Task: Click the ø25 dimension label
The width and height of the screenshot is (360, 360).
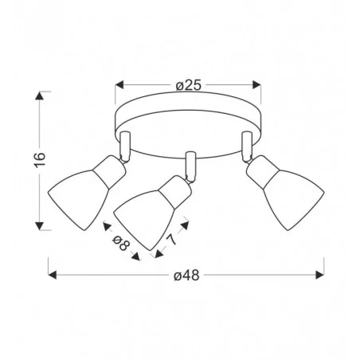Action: coord(189,85)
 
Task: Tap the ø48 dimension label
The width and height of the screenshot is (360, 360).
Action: coord(186,276)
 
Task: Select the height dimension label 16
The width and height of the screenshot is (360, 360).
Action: coord(40,159)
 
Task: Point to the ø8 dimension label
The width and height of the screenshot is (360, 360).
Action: coord(121,243)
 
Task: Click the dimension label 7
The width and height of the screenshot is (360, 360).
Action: coord(171,240)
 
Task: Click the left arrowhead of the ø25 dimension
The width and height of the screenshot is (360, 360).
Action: coord(119,85)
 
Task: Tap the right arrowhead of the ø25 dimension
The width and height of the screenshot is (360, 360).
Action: coord(256,85)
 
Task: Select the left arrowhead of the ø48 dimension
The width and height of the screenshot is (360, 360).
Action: coord(53,275)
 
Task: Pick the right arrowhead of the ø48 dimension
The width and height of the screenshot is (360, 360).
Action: coord(319,275)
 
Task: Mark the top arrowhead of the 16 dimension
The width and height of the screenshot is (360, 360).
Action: coord(40,96)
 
